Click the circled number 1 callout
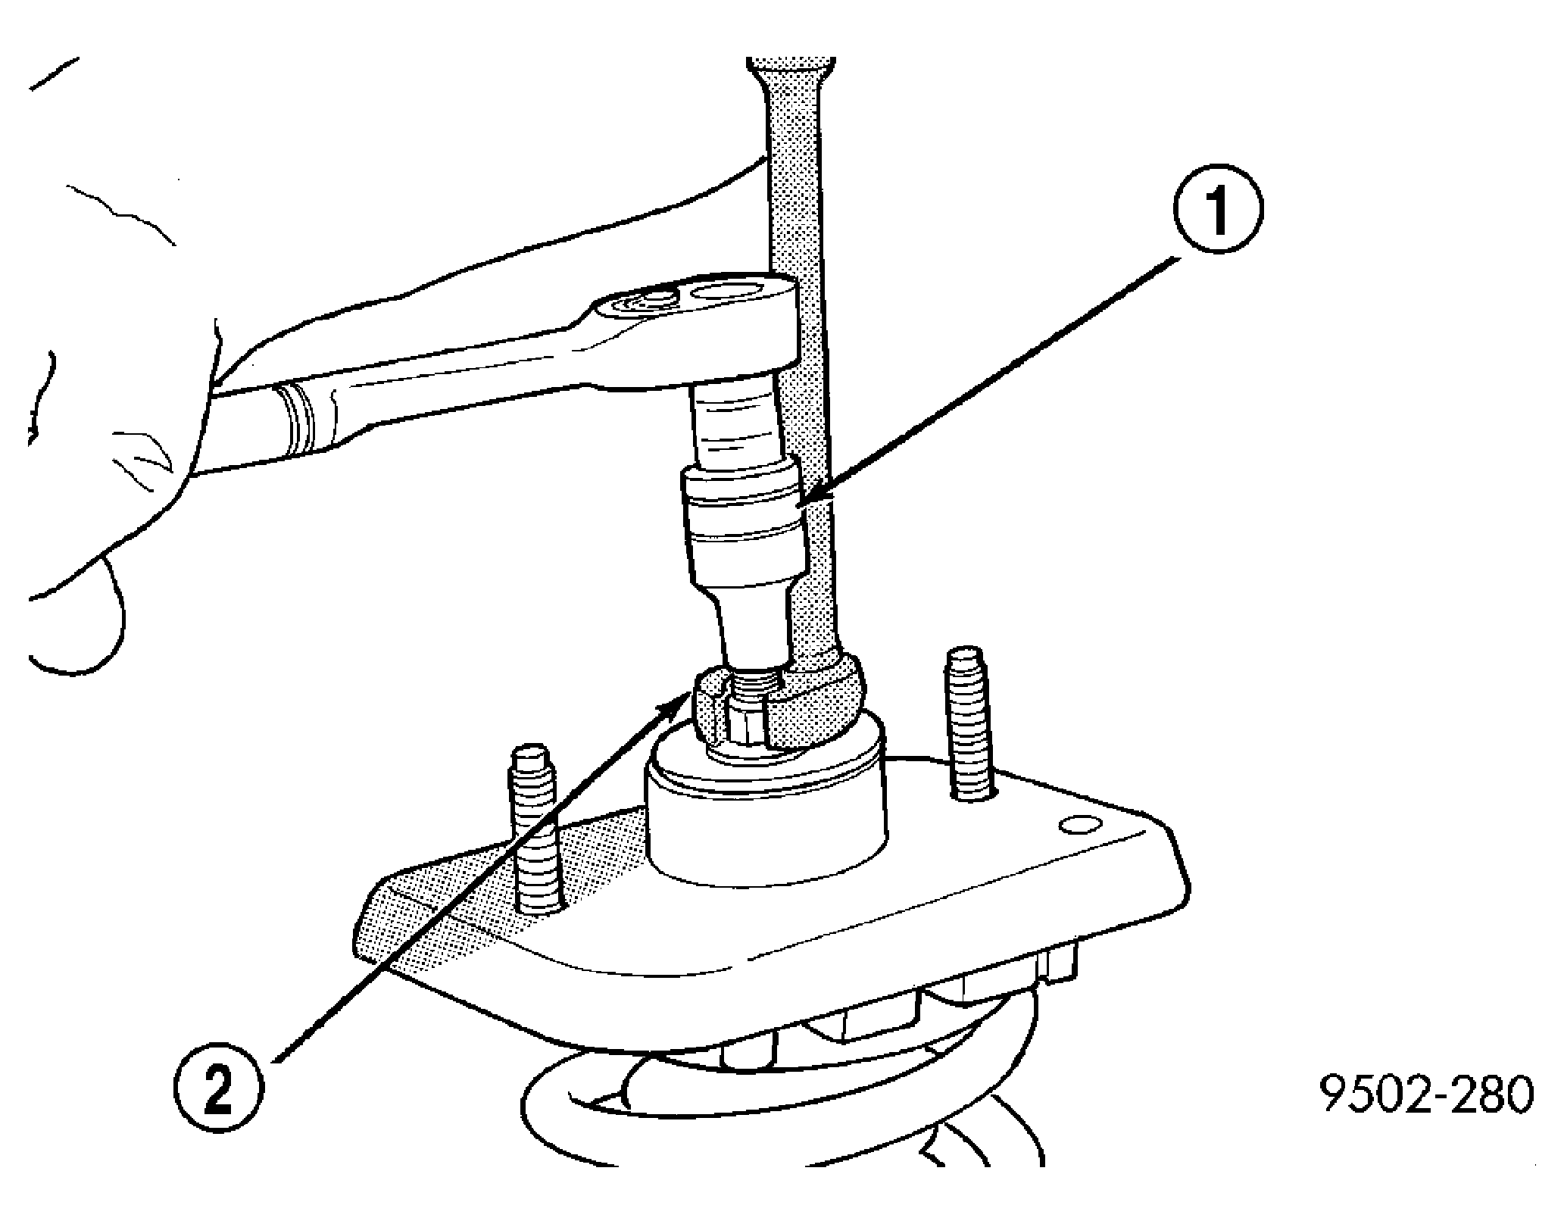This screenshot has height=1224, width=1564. [1219, 214]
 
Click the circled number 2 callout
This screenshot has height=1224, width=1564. [218, 1091]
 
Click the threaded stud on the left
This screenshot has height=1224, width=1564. [535, 829]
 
